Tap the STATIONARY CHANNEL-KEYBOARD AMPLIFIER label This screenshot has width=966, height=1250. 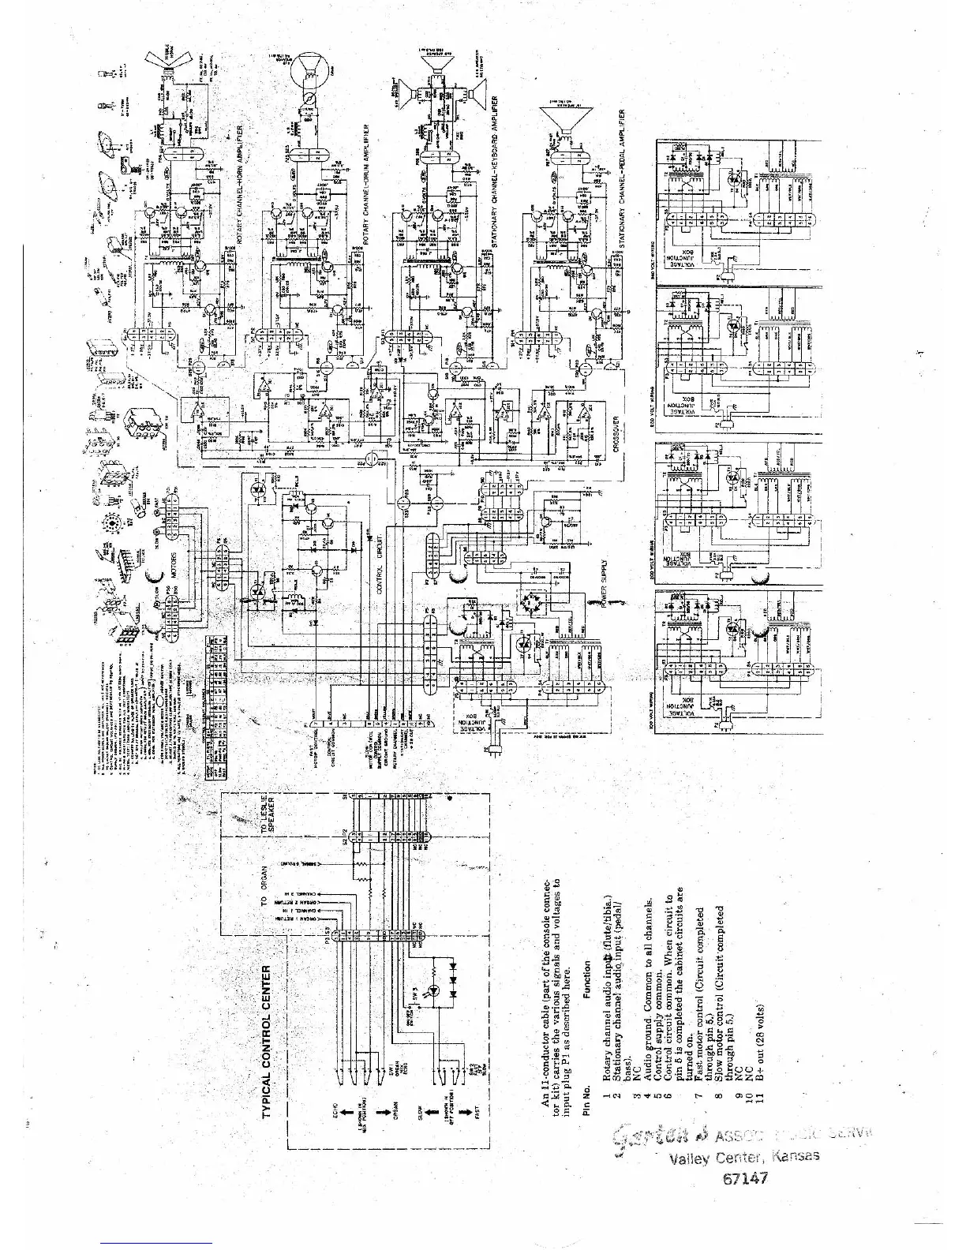(x=493, y=173)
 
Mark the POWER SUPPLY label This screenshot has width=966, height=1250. (x=605, y=585)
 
